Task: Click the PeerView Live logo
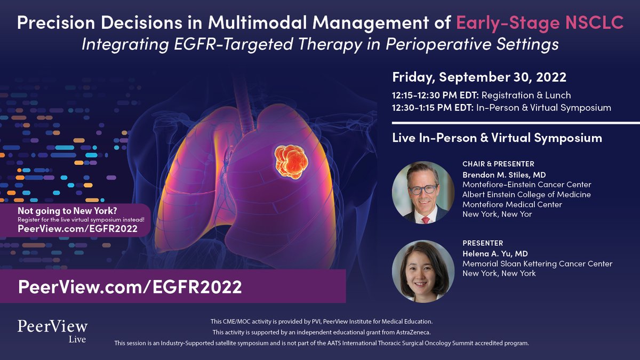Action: [x=52, y=330]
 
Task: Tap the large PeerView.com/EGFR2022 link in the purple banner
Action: [x=130, y=286]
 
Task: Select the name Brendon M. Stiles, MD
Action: [x=505, y=174]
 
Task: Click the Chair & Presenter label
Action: [x=498, y=164]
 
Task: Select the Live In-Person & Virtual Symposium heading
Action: [x=497, y=138]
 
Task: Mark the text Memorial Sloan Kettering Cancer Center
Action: [x=538, y=263]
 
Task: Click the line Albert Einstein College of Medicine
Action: [x=526, y=195]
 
